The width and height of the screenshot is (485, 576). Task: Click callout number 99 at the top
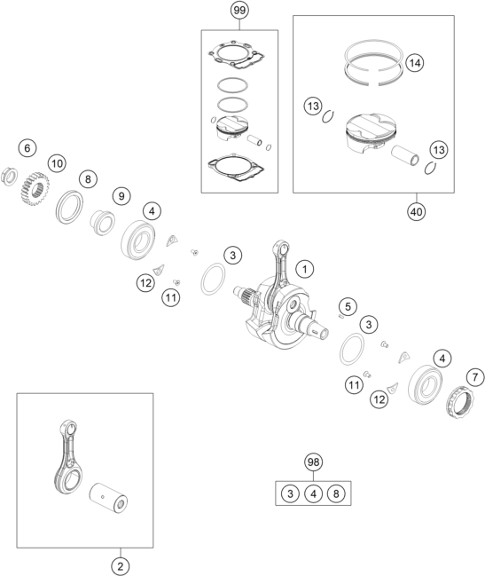pos(239,11)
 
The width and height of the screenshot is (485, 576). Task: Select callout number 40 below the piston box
pos(417,211)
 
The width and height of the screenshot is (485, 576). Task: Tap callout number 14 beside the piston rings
pos(415,63)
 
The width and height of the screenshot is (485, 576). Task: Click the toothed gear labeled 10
pos(34,189)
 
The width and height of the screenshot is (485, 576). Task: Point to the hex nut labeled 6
pos(10,177)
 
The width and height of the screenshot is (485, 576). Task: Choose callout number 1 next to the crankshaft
pos(304,269)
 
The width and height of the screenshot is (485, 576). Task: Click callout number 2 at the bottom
pos(121,566)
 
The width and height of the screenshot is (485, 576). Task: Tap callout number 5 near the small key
pos(348,306)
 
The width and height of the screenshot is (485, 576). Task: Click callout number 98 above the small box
pos(313,462)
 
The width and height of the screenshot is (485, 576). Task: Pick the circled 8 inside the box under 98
pos(336,493)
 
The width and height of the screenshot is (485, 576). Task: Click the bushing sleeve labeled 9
pos(102,222)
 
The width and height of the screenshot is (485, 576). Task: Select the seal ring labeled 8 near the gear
pos(69,207)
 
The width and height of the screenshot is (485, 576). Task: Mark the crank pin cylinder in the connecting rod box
pos(108,498)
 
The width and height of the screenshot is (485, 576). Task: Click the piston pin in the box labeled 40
pos(405,157)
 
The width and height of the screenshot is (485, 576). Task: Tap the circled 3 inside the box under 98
pos(290,493)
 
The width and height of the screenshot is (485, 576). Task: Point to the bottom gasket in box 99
pos(236,168)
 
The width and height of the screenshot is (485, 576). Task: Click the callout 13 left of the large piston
pos(313,107)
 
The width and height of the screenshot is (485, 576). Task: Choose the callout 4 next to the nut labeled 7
pos(442,359)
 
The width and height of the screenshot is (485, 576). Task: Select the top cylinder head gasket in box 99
pos(237,55)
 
